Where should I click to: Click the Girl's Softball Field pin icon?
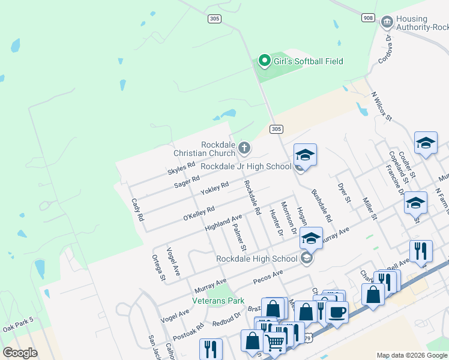(x=264, y=61)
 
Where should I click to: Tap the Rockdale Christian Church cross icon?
(x=244, y=148)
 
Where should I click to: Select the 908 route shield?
(x=369, y=18)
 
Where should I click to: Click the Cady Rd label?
(x=138, y=211)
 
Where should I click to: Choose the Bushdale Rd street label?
(x=321, y=206)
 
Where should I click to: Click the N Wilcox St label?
(x=381, y=106)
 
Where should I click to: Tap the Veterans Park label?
(x=218, y=300)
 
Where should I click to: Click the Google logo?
(x=20, y=352)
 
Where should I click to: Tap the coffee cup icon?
(x=337, y=311)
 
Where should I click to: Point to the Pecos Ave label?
(x=268, y=276)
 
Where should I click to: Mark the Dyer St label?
(x=343, y=193)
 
